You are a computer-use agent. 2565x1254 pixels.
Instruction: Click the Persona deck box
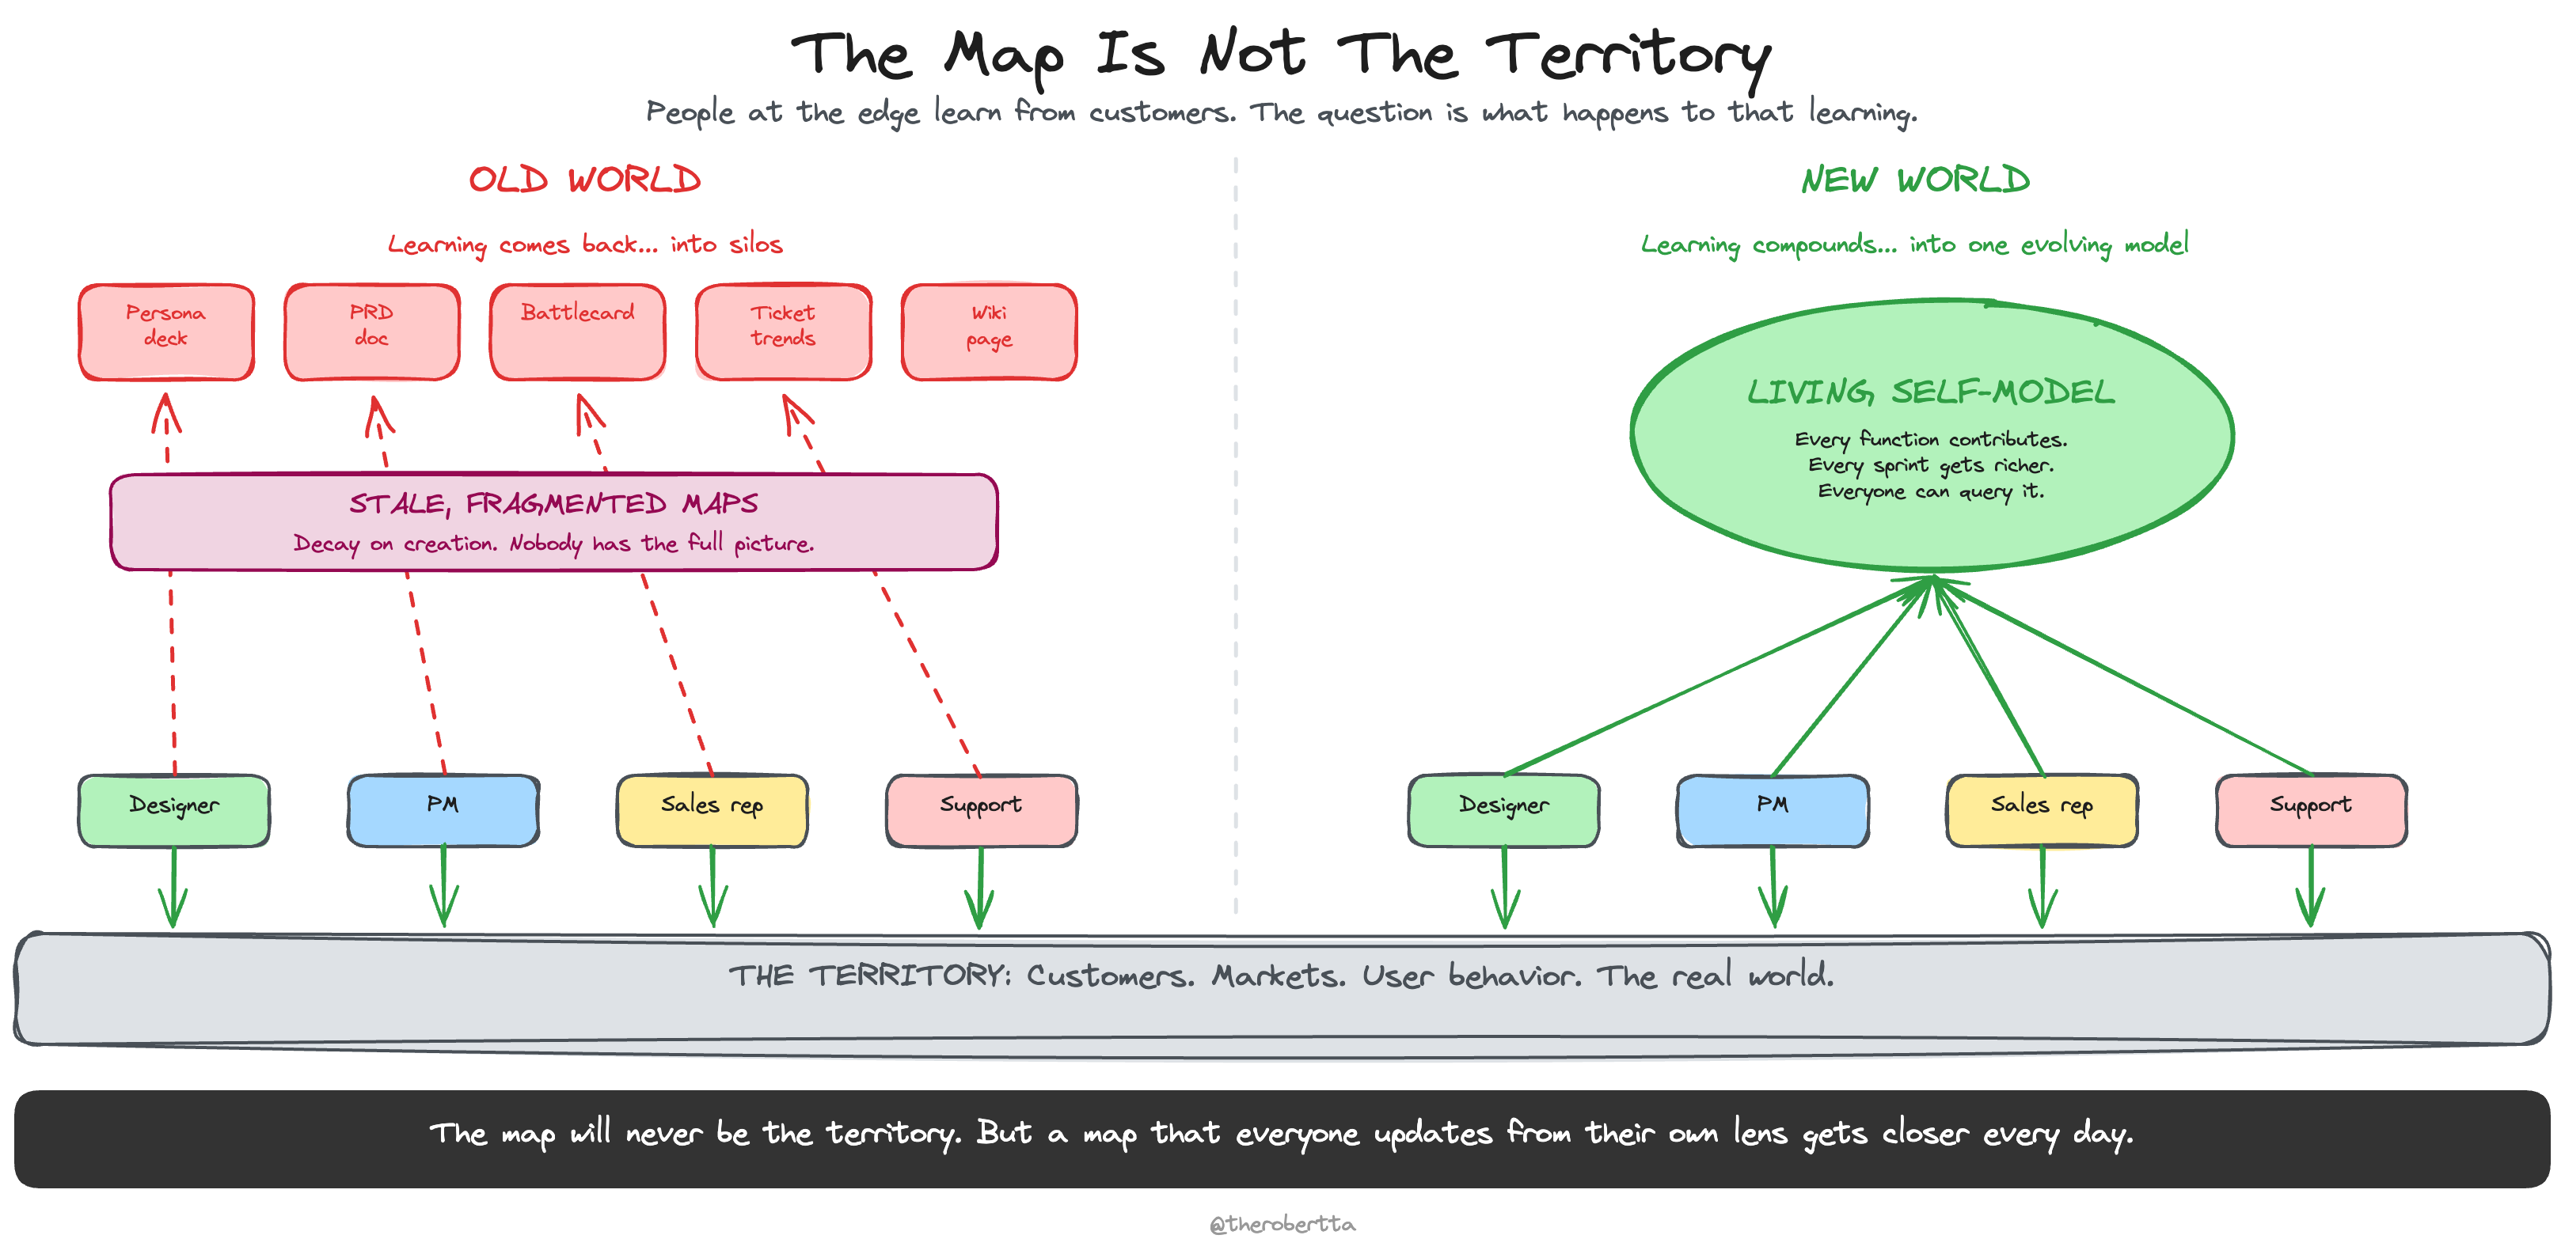[166, 331]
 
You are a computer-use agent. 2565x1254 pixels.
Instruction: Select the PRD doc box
[371, 331]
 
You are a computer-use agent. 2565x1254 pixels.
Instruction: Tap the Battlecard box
[578, 331]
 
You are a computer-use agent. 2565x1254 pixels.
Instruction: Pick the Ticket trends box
[784, 331]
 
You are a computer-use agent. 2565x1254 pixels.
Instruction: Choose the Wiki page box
[989, 331]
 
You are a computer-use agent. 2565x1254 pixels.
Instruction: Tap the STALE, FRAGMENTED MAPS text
[553, 504]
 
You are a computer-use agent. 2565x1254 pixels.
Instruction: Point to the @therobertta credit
[1282, 1223]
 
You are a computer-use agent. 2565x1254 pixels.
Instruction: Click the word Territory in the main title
[1627, 55]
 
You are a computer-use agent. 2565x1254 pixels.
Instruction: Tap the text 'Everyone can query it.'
[1930, 491]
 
